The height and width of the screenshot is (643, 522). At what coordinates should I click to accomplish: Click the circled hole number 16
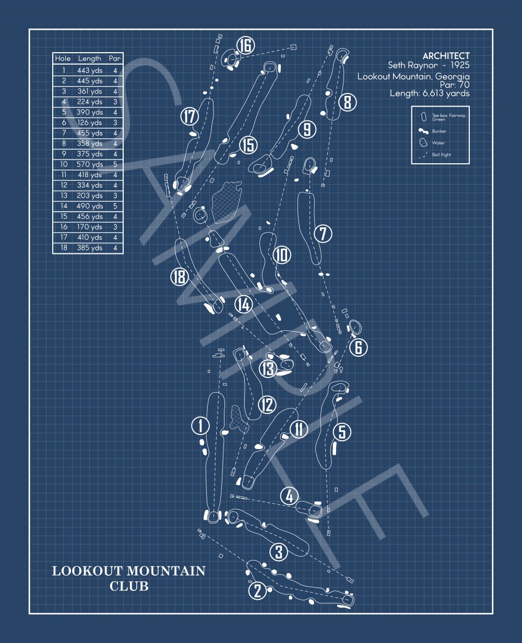[245, 45]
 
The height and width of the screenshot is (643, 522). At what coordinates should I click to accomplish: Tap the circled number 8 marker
[348, 102]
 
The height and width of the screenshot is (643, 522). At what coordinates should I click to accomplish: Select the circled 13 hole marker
[268, 369]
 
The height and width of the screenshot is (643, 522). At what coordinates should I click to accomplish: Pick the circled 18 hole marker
[180, 277]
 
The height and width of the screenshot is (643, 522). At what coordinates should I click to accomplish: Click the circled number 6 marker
[358, 347]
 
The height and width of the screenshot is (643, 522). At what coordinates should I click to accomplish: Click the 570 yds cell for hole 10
[89, 164]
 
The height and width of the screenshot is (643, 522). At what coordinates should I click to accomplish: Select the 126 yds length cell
[89, 123]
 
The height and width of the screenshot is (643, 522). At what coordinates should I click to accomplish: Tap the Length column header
[89, 58]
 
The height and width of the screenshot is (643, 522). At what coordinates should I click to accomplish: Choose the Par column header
[115, 58]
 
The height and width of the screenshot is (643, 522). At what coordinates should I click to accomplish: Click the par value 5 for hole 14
[115, 206]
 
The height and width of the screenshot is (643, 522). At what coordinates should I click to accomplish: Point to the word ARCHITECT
[446, 56]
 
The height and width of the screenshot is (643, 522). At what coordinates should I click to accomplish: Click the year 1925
[460, 65]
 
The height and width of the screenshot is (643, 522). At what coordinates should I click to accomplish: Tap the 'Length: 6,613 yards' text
[430, 93]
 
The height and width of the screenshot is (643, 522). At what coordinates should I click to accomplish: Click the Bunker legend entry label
[439, 131]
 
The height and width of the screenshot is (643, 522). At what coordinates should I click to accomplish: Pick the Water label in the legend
[438, 143]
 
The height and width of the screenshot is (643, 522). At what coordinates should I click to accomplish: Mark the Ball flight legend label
[441, 154]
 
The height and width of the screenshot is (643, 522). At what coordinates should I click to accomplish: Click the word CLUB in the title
[129, 586]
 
